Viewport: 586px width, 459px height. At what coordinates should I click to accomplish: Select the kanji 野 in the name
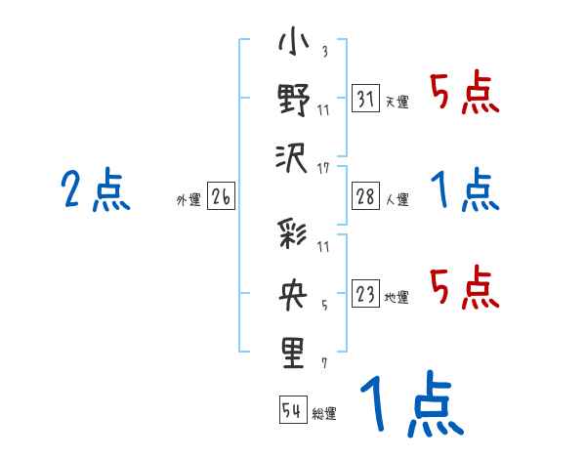click(294, 102)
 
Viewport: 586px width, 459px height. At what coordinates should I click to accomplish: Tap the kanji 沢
click(294, 156)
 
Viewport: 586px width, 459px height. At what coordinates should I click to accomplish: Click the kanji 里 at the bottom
click(294, 352)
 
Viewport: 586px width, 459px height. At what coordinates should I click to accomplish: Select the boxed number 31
click(364, 98)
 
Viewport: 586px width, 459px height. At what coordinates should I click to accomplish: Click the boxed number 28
click(364, 196)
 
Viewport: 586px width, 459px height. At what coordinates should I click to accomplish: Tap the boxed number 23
click(364, 293)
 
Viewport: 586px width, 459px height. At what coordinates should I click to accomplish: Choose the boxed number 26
click(220, 196)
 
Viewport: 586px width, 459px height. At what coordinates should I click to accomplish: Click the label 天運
click(398, 102)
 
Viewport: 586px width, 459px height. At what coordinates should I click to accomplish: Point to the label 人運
click(398, 199)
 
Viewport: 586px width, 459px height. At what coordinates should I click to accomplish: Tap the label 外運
click(188, 199)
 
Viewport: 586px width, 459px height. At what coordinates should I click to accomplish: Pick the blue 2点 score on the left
click(96, 189)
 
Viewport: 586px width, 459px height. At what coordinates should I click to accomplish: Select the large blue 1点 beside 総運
click(410, 404)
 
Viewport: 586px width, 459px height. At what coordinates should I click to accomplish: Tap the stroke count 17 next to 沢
click(323, 169)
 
